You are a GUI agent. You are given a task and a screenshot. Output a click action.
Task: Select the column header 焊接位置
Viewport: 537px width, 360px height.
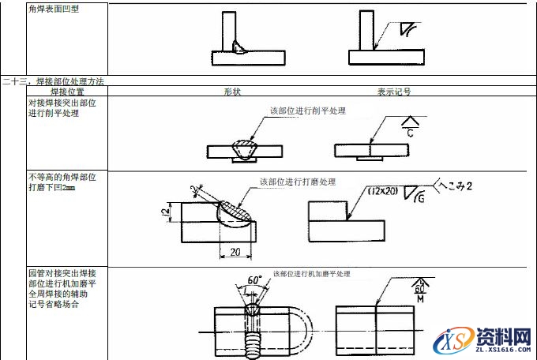pyautogui.click(x=67, y=92)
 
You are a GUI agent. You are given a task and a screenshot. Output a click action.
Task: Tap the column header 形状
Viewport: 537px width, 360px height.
pyautogui.click(x=231, y=92)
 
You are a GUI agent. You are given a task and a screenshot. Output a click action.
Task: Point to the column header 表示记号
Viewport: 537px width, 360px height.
pyautogui.click(x=392, y=92)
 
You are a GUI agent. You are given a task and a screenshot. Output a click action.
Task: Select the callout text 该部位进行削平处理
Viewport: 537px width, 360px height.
pyautogui.click(x=307, y=111)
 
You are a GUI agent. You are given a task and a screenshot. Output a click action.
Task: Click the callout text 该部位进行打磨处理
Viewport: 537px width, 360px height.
pyautogui.click(x=298, y=182)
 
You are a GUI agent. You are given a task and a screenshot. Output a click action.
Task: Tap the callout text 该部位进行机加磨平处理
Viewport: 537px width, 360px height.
pyautogui.click(x=311, y=274)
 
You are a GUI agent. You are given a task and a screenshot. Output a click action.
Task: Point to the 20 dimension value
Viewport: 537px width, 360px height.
pyautogui.click(x=235, y=252)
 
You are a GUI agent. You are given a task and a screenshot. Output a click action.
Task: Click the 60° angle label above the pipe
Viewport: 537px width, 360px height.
pyautogui.click(x=254, y=280)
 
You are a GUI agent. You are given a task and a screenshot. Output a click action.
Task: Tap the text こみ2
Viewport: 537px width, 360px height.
pyautogui.click(x=455, y=186)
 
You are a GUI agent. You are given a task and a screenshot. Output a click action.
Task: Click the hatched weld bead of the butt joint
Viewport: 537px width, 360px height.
pyautogui.click(x=242, y=148)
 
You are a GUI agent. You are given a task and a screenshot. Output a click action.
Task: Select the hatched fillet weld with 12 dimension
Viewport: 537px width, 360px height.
pyautogui.click(x=235, y=211)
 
